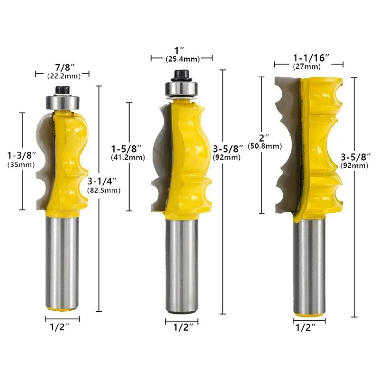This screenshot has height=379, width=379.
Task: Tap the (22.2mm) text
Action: point(64,76)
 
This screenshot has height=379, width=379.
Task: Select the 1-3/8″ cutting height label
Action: point(21,155)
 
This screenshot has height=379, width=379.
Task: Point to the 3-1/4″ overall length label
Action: point(102,181)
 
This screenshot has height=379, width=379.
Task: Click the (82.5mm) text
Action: point(104,190)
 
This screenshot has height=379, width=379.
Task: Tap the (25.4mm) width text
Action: point(183,59)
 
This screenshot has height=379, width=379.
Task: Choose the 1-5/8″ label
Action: point(126,149)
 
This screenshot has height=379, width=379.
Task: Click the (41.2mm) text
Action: point(128,158)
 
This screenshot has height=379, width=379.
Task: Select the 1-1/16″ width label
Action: point(311,58)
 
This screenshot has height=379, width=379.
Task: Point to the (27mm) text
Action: point(307,66)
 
